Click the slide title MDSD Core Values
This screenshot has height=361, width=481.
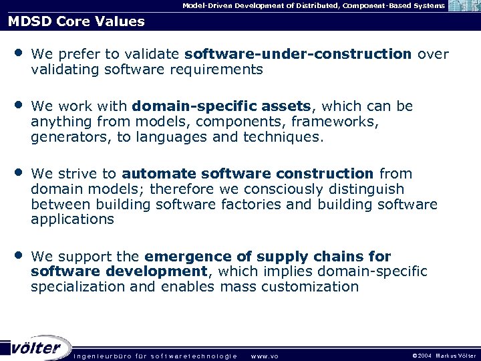tap(76, 21)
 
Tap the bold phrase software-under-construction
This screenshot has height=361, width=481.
tap(298, 53)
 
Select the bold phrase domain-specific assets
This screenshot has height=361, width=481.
tap(222, 106)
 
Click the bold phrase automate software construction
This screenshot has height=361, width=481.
tap(248, 174)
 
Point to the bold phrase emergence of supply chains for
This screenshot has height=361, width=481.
tap(268, 257)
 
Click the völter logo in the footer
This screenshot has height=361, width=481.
tap(37, 348)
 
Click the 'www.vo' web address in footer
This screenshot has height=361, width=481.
tap(265, 356)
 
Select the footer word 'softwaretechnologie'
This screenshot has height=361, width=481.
tap(193, 356)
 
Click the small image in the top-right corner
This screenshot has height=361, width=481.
tap(464, 6)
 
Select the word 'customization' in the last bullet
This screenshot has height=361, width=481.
tap(310, 287)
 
